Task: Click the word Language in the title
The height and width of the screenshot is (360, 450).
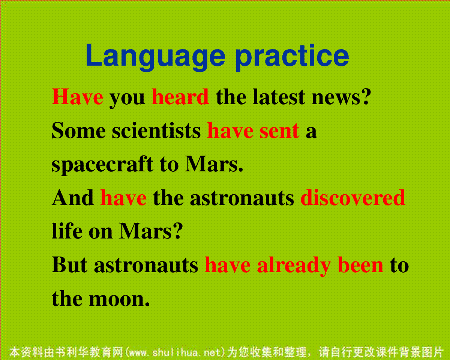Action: tap(156, 57)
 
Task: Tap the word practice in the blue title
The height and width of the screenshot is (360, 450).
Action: tap(292, 57)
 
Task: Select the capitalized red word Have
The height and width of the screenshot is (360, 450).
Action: tap(77, 97)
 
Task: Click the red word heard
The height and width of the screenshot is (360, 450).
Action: tap(180, 97)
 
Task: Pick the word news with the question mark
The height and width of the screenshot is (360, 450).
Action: tap(341, 97)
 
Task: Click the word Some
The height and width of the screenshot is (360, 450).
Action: tap(79, 131)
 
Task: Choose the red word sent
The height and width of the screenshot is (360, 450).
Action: tap(279, 131)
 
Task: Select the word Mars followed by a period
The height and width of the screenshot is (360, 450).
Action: tap(214, 164)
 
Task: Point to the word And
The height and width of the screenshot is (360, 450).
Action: tap(72, 198)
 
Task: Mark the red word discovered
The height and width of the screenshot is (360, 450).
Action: tap(353, 198)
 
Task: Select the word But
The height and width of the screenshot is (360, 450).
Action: tap(69, 265)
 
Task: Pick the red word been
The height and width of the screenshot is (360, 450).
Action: tap(360, 265)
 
